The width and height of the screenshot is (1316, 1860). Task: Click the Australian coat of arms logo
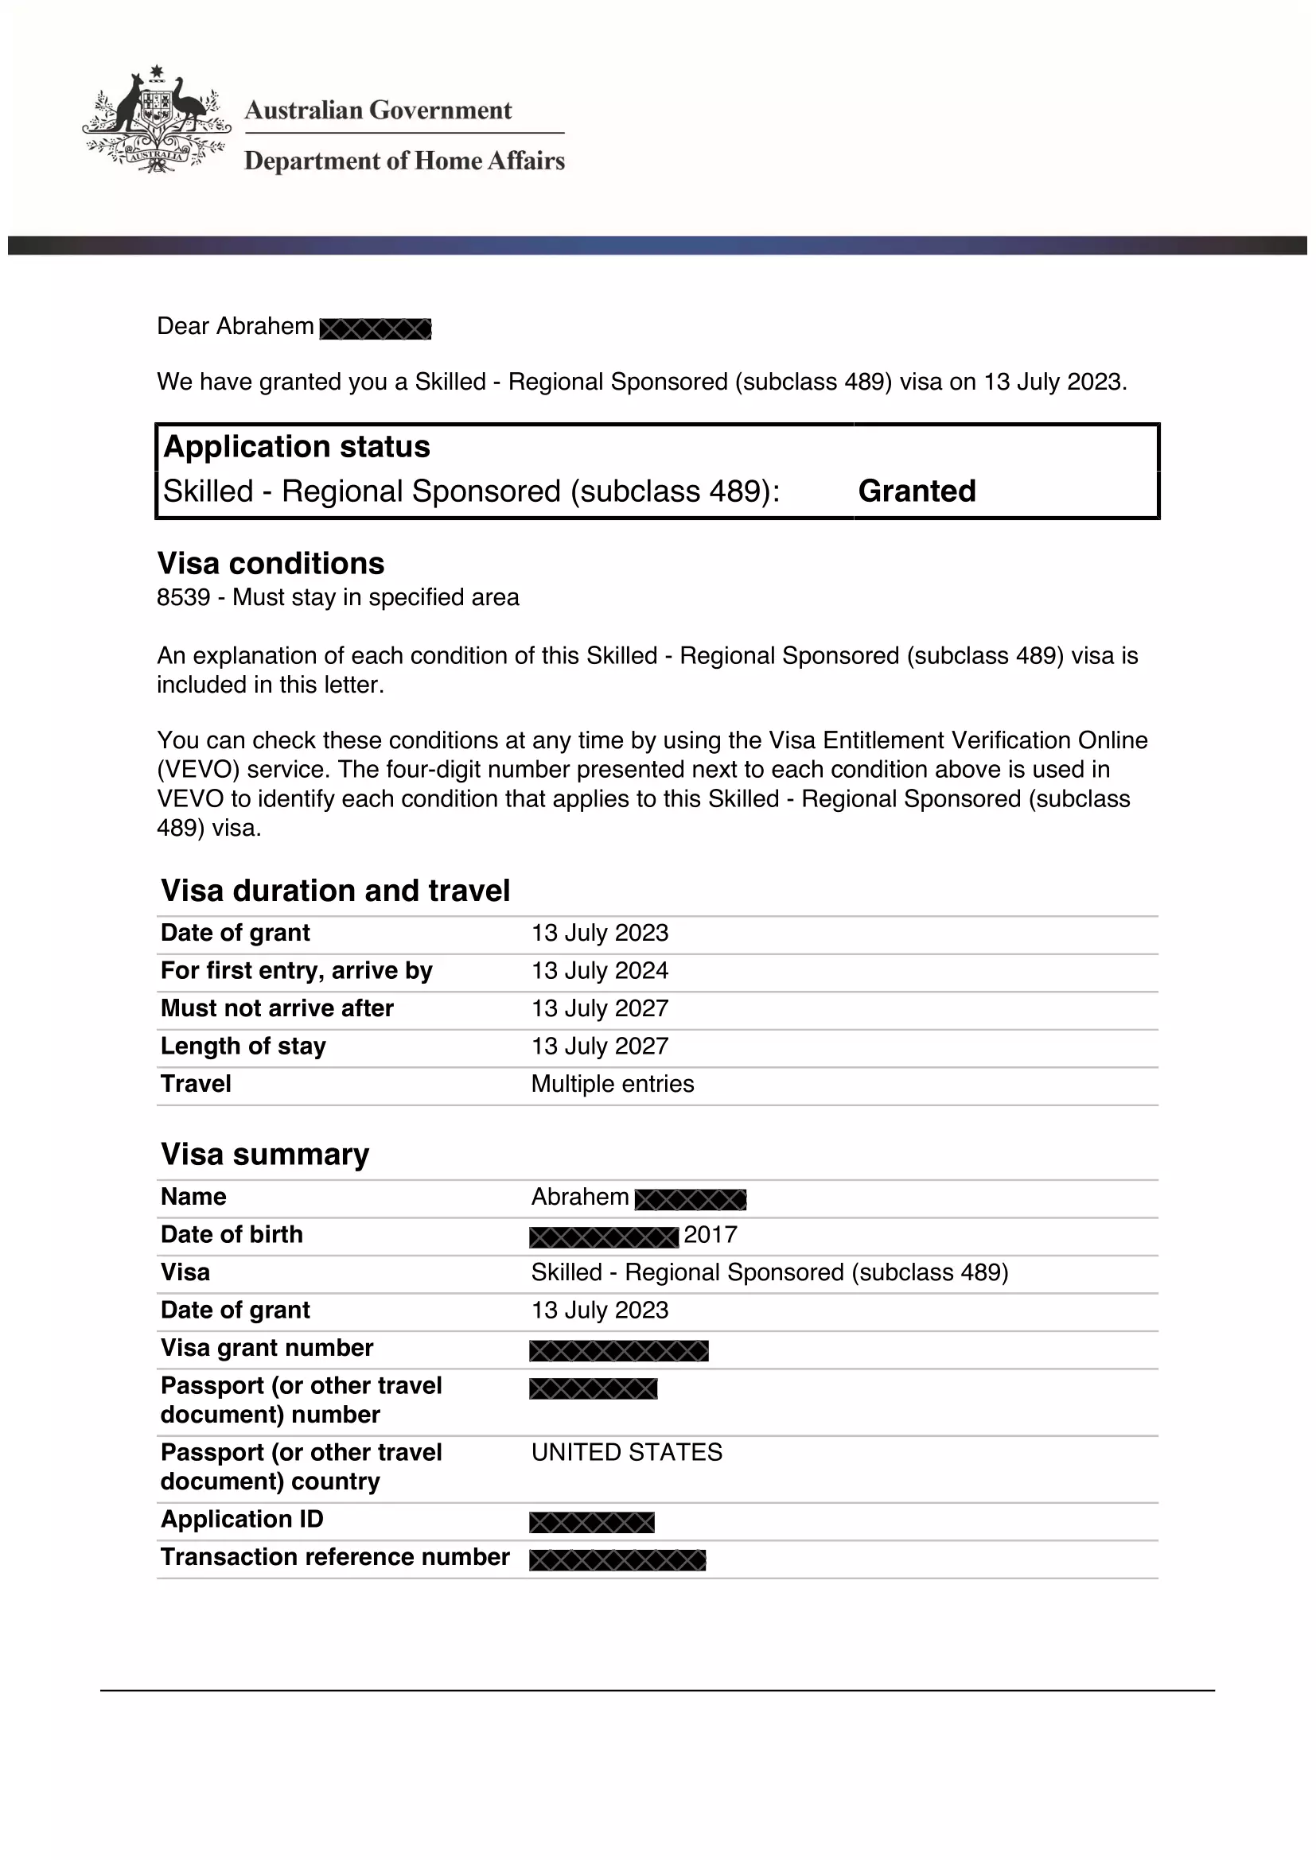pos(156,120)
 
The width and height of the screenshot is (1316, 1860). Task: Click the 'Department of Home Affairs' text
pos(404,161)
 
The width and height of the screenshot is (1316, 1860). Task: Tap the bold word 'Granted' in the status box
pos(917,491)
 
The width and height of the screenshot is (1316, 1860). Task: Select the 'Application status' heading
pos(297,447)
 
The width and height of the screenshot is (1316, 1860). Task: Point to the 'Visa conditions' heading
pos(271,564)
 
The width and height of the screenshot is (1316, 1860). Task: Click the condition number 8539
pos(183,598)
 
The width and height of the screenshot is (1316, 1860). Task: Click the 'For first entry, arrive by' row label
pos(297,970)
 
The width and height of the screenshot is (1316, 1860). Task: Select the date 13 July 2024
pos(600,970)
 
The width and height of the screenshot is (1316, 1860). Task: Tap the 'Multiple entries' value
pos(613,1084)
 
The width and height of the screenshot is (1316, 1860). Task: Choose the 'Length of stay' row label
pos(243,1046)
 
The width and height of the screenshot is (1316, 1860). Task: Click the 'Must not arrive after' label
pos(277,1008)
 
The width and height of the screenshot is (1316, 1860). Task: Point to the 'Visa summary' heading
pos(265,1155)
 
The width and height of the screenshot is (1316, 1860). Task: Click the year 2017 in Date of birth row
pos(711,1235)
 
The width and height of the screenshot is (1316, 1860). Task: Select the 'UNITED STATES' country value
pos(626,1452)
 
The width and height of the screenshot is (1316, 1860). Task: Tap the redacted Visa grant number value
pos(618,1350)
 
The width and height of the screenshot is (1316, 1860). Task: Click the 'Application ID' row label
pos(243,1519)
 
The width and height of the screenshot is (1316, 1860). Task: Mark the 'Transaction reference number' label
pos(335,1557)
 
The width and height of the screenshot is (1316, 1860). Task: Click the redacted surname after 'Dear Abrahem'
pos(376,329)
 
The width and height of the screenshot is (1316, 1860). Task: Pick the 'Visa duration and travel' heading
pos(336,891)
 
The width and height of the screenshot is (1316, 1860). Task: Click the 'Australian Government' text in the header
pos(379,111)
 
